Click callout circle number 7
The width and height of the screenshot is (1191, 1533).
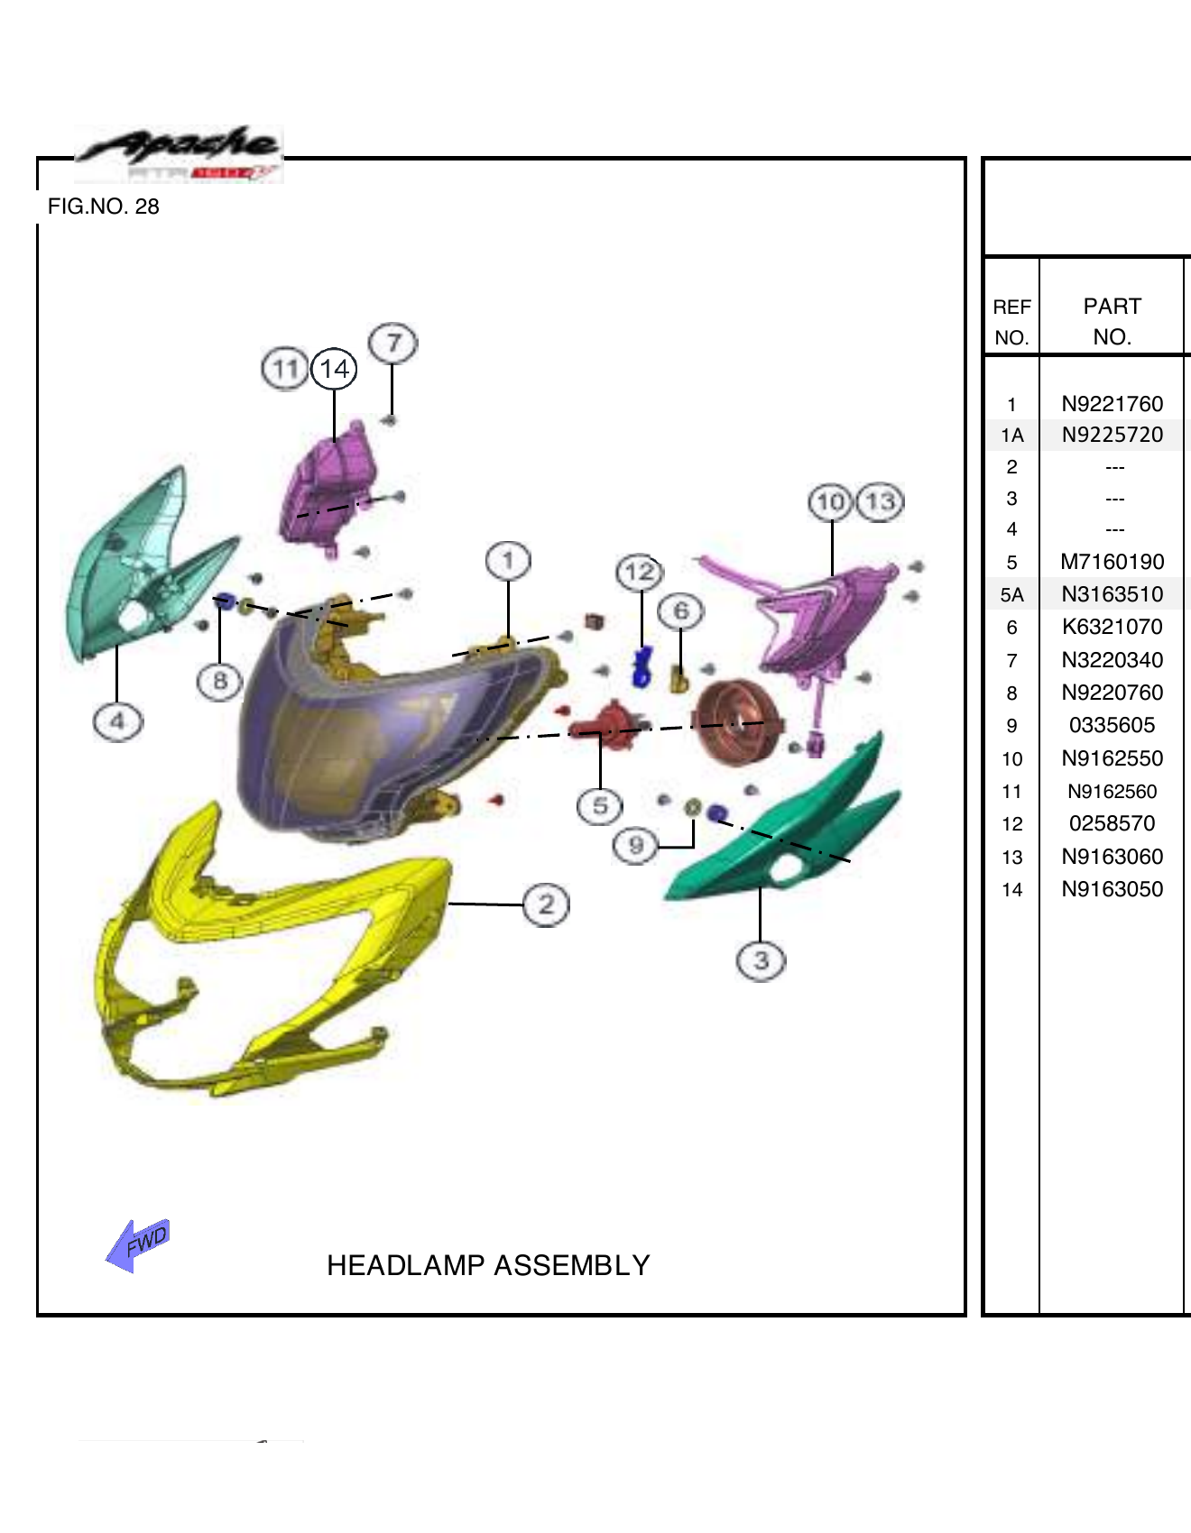pos(393,344)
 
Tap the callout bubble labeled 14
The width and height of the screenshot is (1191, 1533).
pos(335,369)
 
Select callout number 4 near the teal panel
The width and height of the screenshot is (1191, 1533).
pos(117,721)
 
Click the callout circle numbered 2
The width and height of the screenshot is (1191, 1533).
pos(546,904)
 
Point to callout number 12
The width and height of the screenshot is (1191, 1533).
pos(640,572)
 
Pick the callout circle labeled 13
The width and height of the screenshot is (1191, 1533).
pos(881,501)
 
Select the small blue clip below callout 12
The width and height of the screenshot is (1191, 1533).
pos(642,667)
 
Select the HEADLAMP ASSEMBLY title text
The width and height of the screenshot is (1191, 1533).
pos(488,1265)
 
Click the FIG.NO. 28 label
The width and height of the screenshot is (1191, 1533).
pos(104,207)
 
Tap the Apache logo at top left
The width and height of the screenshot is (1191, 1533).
pos(180,153)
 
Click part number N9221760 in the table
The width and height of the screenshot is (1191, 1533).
pos(1112,404)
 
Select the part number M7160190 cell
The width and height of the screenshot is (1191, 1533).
pos(1112,562)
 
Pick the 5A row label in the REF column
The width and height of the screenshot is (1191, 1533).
pos(1011,595)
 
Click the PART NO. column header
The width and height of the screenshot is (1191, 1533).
pos(1112,321)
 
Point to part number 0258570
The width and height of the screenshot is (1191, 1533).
pos(1112,823)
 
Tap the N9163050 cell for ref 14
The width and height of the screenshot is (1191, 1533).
pos(1112,889)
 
